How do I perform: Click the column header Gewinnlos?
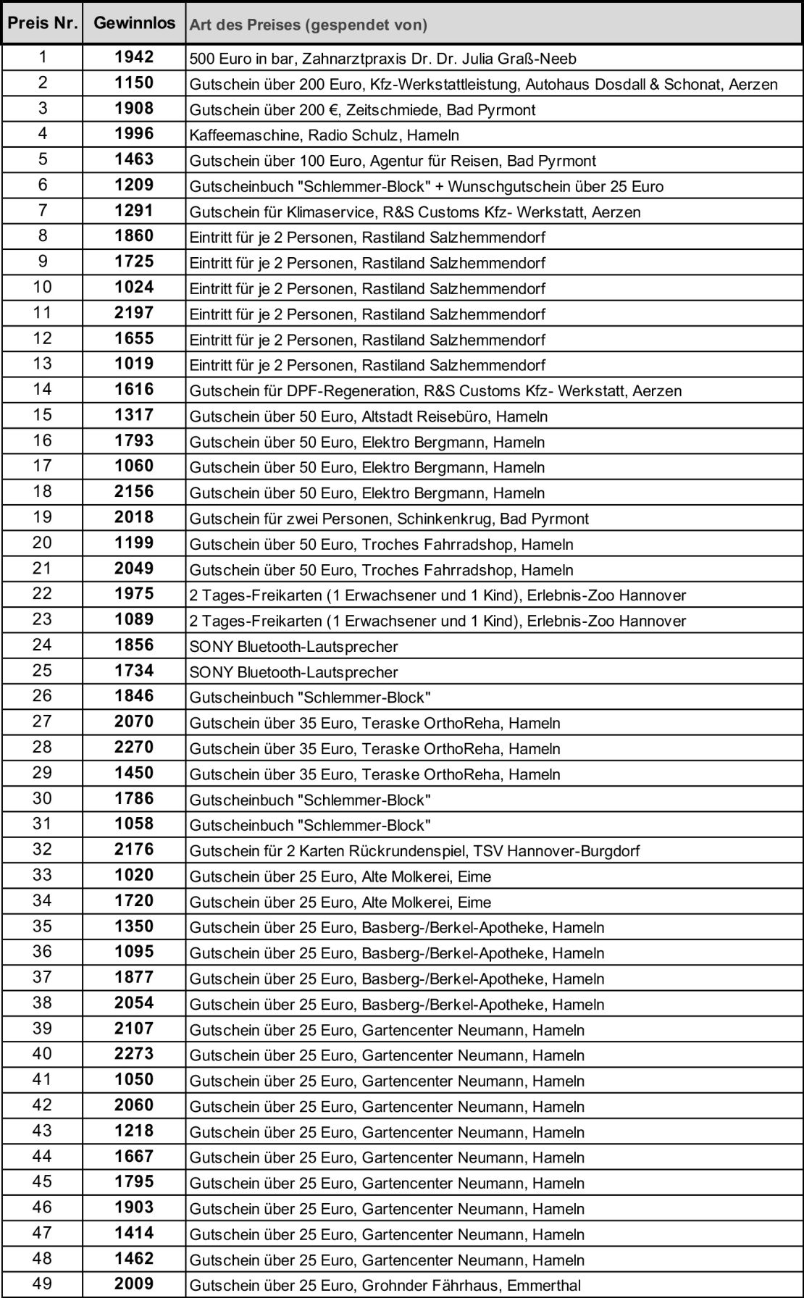(134, 23)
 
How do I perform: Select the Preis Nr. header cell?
(42, 23)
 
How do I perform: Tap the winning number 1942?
(134, 57)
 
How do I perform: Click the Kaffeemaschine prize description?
(324, 135)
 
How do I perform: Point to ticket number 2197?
(134, 313)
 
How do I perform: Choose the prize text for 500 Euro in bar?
(382, 58)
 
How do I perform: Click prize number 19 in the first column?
(42, 517)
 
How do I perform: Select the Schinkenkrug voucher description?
(389, 519)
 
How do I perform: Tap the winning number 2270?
(134, 748)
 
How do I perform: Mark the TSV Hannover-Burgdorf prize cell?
(414, 850)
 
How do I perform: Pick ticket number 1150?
(134, 83)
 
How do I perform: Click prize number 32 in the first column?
(42, 850)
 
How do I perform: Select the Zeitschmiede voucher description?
(362, 109)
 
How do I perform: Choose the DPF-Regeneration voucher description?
(435, 391)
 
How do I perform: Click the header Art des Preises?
(308, 25)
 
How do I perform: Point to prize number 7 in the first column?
(42, 211)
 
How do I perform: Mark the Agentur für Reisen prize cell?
(393, 160)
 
